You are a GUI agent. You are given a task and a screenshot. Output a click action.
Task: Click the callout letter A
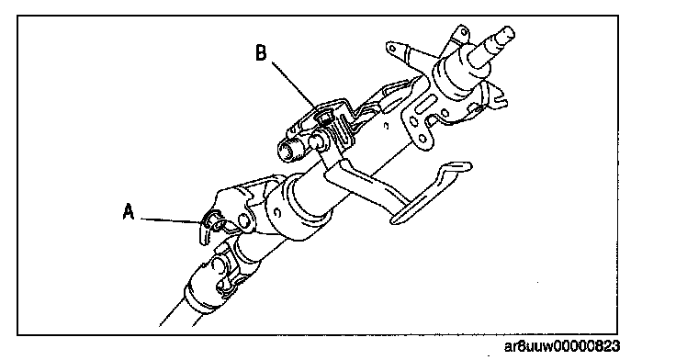coord(129,212)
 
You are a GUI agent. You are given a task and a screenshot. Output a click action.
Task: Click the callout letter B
coord(261,53)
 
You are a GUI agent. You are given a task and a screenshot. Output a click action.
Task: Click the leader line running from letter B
coord(296,85)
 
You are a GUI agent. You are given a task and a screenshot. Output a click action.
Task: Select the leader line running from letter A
coord(171,220)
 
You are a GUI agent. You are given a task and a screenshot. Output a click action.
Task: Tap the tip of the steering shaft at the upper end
coord(507,33)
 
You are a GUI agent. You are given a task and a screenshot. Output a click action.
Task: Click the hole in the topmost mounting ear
coord(463,32)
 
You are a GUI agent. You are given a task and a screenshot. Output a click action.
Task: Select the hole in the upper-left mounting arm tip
coord(393,47)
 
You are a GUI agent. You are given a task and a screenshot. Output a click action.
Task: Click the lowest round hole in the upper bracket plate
coord(422,138)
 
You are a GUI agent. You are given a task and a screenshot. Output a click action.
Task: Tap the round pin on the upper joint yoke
coord(244,220)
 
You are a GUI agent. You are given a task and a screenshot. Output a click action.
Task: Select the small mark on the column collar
coord(277,213)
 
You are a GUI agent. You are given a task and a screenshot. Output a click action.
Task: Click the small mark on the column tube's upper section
coord(387,126)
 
